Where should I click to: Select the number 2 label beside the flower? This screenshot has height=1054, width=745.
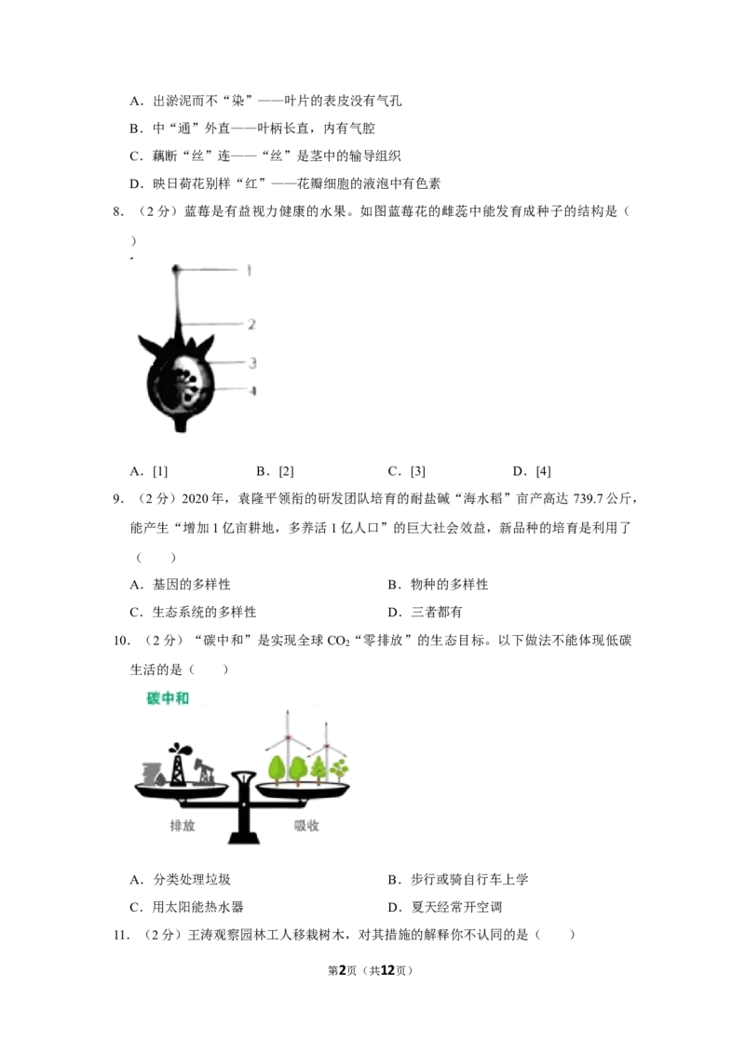click(252, 323)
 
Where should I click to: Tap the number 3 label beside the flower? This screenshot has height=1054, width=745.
click(253, 360)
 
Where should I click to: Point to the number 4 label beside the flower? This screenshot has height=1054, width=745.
click(253, 391)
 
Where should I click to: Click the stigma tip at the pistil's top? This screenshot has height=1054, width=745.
click(175, 268)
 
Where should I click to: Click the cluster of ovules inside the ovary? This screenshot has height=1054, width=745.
click(190, 382)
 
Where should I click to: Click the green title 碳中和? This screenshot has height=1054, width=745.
click(169, 697)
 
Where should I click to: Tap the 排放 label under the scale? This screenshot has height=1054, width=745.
click(182, 825)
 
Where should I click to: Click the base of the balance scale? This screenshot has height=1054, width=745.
click(245, 841)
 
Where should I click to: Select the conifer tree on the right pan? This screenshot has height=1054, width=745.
click(319, 769)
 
